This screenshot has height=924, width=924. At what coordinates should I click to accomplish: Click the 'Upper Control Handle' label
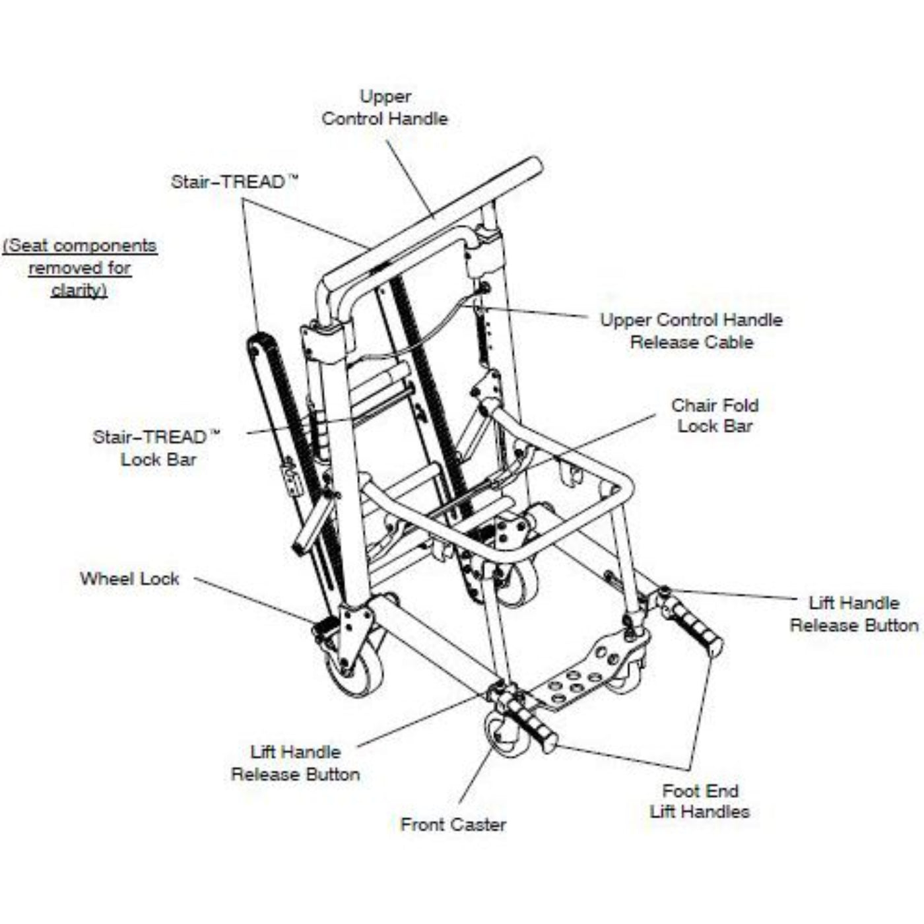tap(385, 108)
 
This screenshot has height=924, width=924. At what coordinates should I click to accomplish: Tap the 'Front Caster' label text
tap(453, 824)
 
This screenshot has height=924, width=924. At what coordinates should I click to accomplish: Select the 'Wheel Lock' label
tap(129, 579)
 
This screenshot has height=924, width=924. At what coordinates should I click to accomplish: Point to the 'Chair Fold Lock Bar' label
tap(715, 415)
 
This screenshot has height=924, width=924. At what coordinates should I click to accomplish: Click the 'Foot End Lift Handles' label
tap(700, 801)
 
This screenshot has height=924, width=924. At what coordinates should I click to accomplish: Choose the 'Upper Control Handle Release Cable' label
tap(691, 331)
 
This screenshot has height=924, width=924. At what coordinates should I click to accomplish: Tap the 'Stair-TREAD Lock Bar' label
tap(158, 447)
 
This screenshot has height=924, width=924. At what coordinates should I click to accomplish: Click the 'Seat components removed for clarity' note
tap(80, 267)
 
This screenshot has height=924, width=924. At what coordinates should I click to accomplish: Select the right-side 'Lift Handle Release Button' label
tap(854, 614)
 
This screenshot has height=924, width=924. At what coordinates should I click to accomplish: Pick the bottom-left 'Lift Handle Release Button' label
tap(295, 763)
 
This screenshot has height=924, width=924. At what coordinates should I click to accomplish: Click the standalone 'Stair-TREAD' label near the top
tap(234, 181)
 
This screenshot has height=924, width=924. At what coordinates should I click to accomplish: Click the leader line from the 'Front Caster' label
tap(475, 772)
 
